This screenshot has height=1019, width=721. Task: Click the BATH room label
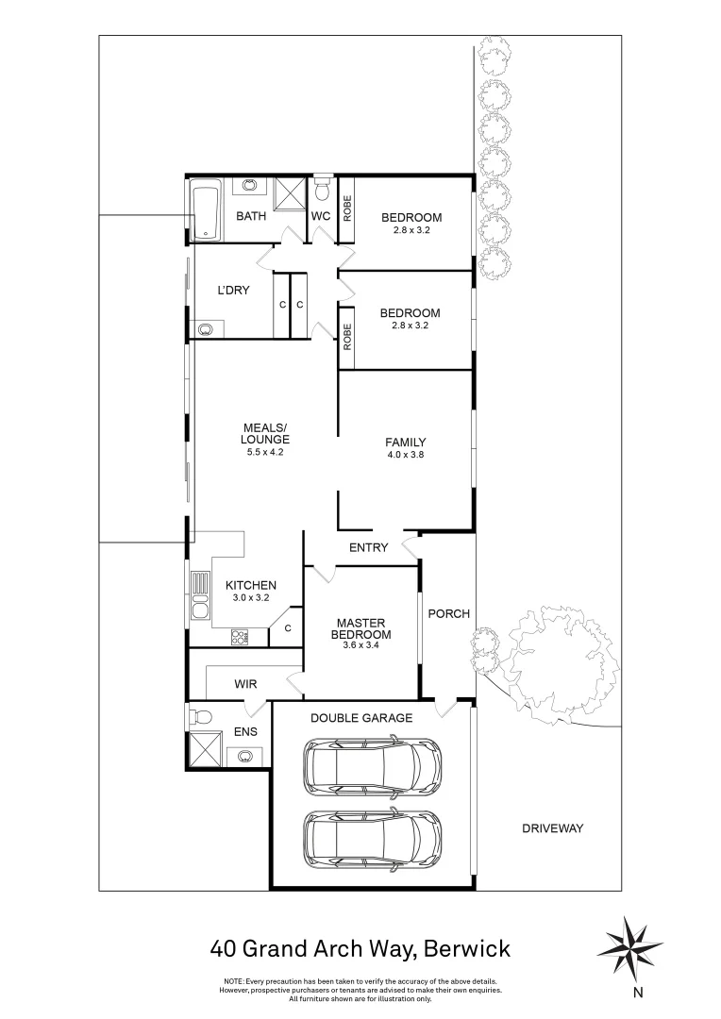point(251,216)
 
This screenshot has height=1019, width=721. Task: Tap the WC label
point(321,216)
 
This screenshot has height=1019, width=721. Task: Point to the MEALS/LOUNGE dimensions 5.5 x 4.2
point(264,452)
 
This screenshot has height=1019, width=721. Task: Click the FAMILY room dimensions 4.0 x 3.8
point(405,456)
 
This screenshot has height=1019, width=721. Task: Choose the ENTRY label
point(368,547)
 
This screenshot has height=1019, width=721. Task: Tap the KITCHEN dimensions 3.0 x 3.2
point(250,598)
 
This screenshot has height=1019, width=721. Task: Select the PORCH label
point(448,613)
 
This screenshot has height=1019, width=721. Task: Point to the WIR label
point(245,684)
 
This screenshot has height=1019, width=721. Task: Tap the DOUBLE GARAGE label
point(361,718)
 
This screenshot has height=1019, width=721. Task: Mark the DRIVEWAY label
point(553,828)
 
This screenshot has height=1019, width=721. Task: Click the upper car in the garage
point(372,765)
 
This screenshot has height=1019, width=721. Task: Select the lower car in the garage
point(372,838)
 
